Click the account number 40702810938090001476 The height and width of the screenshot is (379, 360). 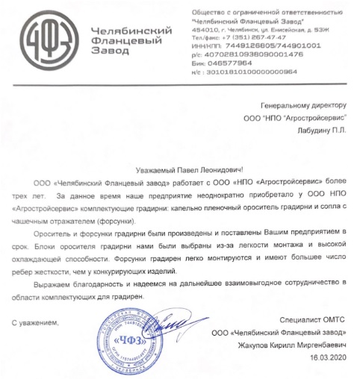[x=258, y=54]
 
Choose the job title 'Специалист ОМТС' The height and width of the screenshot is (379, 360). [x=307, y=321]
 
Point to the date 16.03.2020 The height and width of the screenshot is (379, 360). [x=326, y=359]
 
